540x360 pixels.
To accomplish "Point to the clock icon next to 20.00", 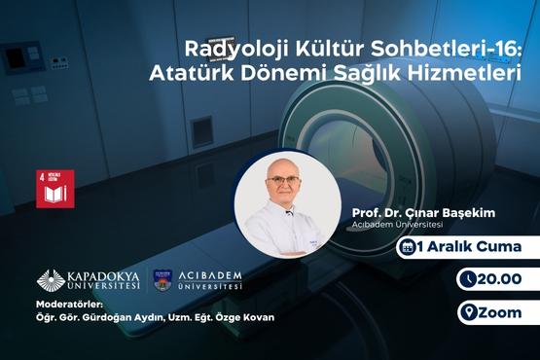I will click(469, 280).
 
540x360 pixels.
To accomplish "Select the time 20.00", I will click(502, 280).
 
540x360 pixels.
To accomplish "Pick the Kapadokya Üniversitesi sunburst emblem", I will click(51, 279).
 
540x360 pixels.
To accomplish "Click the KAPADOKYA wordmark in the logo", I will click(104, 275).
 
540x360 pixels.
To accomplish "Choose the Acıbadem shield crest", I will click(163, 280).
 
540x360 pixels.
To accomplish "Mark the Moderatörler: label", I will click(67, 303).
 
